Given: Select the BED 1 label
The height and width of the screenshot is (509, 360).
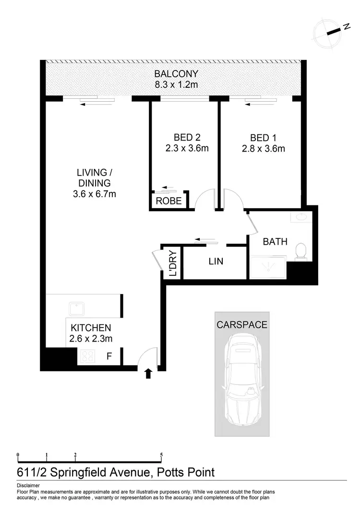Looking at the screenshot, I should (x=263, y=137).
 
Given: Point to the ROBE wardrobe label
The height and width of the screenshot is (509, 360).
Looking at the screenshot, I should (x=169, y=201).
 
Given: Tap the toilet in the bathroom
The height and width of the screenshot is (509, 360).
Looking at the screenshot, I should (x=301, y=251).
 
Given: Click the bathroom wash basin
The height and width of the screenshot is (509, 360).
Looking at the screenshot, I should (x=301, y=217).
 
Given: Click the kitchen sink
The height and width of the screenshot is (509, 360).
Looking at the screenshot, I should (x=77, y=308).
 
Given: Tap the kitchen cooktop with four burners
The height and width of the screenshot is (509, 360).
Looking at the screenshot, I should (x=87, y=356).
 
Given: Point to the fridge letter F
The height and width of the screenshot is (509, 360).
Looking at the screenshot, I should (x=109, y=356).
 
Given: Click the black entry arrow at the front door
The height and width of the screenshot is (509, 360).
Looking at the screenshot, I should (x=148, y=373).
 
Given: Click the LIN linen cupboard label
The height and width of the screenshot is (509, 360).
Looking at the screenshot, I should (x=216, y=262).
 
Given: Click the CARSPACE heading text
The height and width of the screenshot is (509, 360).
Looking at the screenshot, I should (x=241, y=325).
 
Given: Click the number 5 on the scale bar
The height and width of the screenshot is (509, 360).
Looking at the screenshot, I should (x=161, y=455).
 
